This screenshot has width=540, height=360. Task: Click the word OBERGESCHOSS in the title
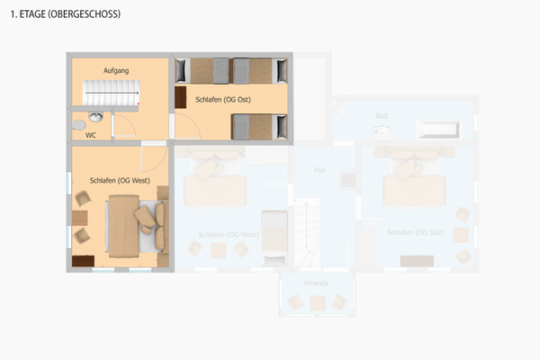(88, 15)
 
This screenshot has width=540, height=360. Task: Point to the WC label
(91, 135)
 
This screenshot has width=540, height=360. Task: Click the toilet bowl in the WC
(79, 124)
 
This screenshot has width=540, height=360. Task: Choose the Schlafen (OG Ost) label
(222, 99)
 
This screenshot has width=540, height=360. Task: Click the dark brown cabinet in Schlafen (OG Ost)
(181, 97)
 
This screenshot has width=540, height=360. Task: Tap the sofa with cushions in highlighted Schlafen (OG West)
(150, 224)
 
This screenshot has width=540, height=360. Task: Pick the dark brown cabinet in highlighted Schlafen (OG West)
(84, 261)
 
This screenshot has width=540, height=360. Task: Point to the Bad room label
(382, 116)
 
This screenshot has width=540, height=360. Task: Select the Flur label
(319, 170)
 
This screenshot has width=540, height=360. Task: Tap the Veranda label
(316, 283)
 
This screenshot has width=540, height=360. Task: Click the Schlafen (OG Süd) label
(414, 233)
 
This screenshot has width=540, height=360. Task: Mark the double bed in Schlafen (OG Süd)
(413, 184)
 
